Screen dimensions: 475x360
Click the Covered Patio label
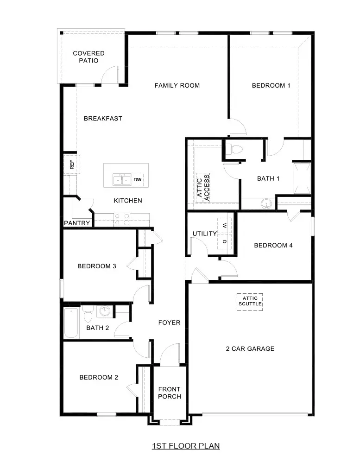tap(88, 57)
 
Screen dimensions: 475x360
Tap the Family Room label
tap(177, 85)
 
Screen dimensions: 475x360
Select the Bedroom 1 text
tap(271, 85)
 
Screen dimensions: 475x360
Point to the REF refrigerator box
tap(72, 164)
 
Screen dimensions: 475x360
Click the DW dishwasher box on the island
tap(138, 179)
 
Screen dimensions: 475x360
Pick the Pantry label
tap(77, 223)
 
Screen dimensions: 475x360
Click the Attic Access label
tap(203, 188)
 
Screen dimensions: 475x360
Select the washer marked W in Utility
tap(225, 226)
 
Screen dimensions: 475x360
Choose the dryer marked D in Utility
tap(225, 241)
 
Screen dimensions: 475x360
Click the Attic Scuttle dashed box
tap(250, 302)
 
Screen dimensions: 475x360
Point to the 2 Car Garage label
tap(250, 348)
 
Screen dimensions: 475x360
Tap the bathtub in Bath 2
tap(71, 323)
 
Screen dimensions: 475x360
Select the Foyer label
tap(169, 323)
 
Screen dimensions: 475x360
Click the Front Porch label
tap(169, 393)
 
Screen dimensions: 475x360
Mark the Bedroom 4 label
tap(273, 245)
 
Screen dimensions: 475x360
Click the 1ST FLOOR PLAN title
tap(186, 446)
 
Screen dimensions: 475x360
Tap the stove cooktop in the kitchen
tap(121, 219)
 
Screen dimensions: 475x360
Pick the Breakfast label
tap(103, 119)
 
